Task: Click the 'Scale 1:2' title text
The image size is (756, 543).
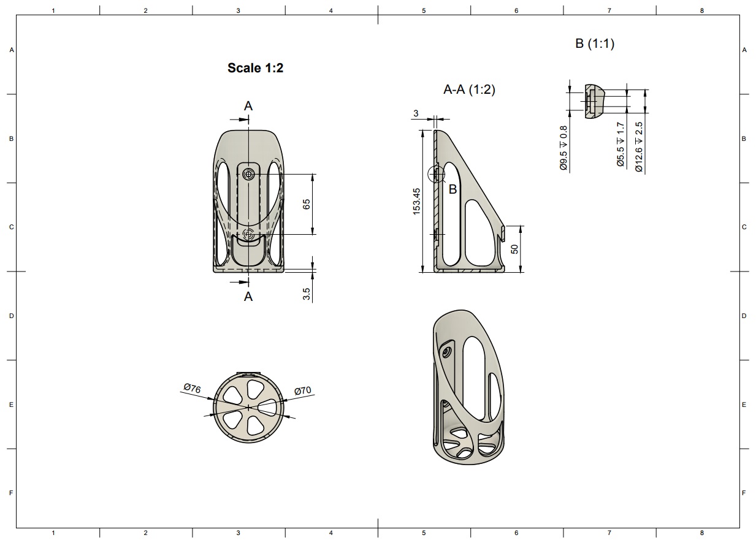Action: (255, 68)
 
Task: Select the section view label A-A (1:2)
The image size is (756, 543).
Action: (469, 89)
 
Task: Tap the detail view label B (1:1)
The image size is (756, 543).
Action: (595, 44)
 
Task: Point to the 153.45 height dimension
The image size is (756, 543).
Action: (417, 202)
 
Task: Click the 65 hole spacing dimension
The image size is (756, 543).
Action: (307, 204)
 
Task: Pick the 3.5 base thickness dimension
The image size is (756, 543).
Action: (307, 294)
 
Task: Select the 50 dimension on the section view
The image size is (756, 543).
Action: (514, 249)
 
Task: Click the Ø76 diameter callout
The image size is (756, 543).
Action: (193, 388)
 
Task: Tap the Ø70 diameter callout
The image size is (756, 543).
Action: (303, 390)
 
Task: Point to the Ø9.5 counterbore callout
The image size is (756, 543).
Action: (563, 148)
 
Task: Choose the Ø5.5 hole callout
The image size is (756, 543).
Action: (620, 145)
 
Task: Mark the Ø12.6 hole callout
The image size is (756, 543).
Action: (639, 147)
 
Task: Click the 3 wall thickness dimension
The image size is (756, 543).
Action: (416, 113)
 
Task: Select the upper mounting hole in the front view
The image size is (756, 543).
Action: (249, 175)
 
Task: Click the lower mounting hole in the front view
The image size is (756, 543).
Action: (249, 234)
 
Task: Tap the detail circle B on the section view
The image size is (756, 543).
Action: (437, 175)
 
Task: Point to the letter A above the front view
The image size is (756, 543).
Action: (248, 106)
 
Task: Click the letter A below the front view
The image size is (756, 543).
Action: (248, 297)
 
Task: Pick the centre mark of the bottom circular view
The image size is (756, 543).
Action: (249, 408)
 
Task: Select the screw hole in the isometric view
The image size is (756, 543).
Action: (446, 352)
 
